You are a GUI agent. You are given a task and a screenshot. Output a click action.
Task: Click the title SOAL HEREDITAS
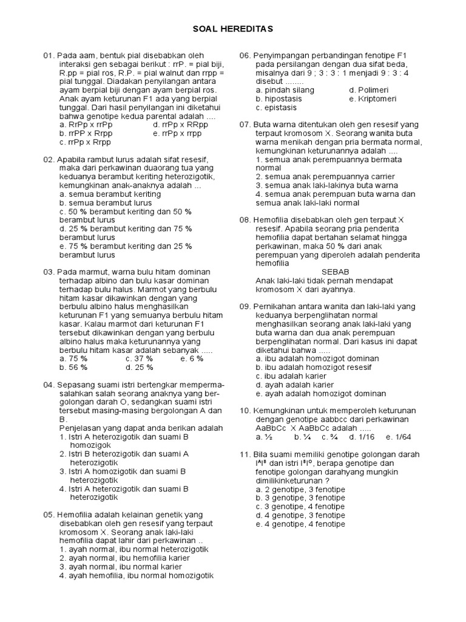pyautogui.click(x=234, y=29)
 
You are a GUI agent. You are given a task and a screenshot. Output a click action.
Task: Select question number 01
pyautogui.click(x=49, y=55)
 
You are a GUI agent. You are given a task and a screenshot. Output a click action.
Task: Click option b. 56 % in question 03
pyautogui.click(x=73, y=367)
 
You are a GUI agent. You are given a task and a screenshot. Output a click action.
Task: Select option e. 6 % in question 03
pyautogui.click(x=192, y=358)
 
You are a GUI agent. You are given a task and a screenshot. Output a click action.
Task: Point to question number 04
pyautogui.click(x=49, y=385)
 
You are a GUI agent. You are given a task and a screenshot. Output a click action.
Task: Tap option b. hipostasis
pyautogui.click(x=280, y=98)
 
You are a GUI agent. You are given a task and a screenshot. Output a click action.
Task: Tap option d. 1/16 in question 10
pyautogui.click(x=362, y=437)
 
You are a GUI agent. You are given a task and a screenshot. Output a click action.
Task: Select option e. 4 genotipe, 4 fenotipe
pyautogui.click(x=300, y=524)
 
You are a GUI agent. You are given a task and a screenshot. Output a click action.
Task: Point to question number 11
pyautogui.click(x=245, y=454)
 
